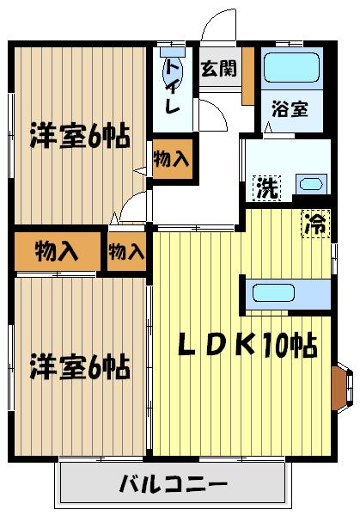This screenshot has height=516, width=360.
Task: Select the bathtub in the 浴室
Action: coord(290,67)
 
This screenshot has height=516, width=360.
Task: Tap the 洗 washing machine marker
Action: coord(266,187)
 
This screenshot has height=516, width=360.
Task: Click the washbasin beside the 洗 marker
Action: coord(308,183)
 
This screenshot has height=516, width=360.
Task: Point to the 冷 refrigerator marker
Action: coord(315,226)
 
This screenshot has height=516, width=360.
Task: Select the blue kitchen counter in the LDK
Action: coord(287,293)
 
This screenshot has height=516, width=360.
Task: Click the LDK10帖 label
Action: coord(247,345)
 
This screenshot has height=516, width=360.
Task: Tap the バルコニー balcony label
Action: coord(174,483)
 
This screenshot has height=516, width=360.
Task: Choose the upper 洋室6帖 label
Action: coord(79,136)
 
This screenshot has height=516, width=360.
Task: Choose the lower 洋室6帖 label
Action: coord(79,366)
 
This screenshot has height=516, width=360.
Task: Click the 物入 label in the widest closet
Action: coord(58,251)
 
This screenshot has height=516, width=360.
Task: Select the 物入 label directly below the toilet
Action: coord(172,160)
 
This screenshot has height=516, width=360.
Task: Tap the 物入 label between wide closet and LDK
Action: coord(126,251)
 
